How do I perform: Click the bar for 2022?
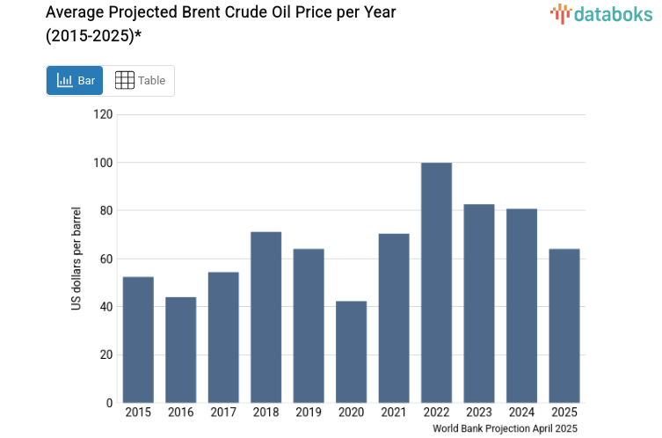pyautogui.click(x=436, y=282)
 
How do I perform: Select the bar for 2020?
pyautogui.click(x=351, y=352)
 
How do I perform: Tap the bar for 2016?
pyautogui.click(x=180, y=349)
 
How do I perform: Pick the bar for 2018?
pyautogui.click(x=266, y=317)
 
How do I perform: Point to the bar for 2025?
pyautogui.click(x=564, y=325)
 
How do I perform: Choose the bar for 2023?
pyautogui.click(x=478, y=303)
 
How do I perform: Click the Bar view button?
pyautogui.click(x=75, y=80)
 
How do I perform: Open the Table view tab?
pyautogui.click(x=140, y=80)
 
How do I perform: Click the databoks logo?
pyautogui.click(x=601, y=13)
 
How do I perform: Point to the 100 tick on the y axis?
pyautogui.click(x=103, y=163)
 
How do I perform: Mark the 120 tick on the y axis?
pyautogui.click(x=103, y=114)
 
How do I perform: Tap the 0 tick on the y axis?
pyautogui.click(x=109, y=403)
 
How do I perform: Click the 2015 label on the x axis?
pyautogui.click(x=138, y=412)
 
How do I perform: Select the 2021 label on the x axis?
pyautogui.click(x=393, y=412)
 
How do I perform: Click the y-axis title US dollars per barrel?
pyautogui.click(x=76, y=259)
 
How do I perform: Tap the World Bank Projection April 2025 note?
pyautogui.click(x=505, y=428)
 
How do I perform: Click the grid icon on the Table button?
pyautogui.click(x=125, y=80)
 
